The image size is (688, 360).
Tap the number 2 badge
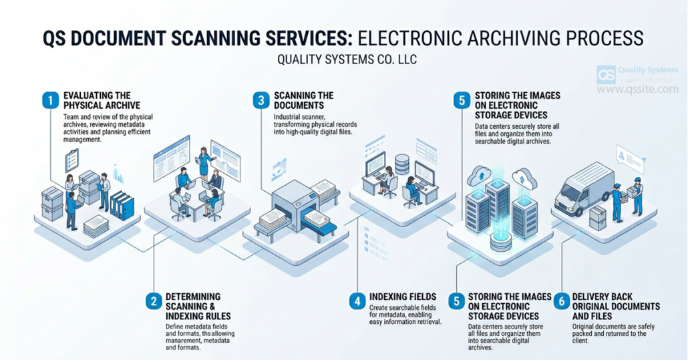point(153,301)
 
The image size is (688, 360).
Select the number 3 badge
point(261,100)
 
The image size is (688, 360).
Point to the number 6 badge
point(561,301)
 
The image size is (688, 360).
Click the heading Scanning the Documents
point(299,100)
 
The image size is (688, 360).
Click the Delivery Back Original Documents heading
point(616,306)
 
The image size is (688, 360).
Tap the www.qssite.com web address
point(637,89)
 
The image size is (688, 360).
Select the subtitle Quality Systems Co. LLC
point(347,59)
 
